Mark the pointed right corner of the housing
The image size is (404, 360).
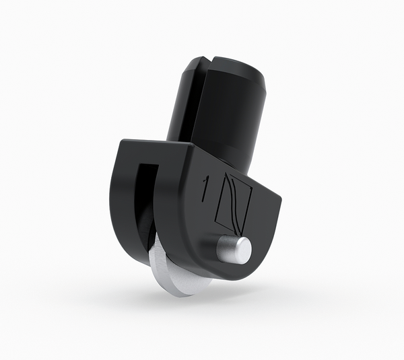click(x=279, y=199)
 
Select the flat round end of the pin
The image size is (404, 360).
click(x=240, y=250)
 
